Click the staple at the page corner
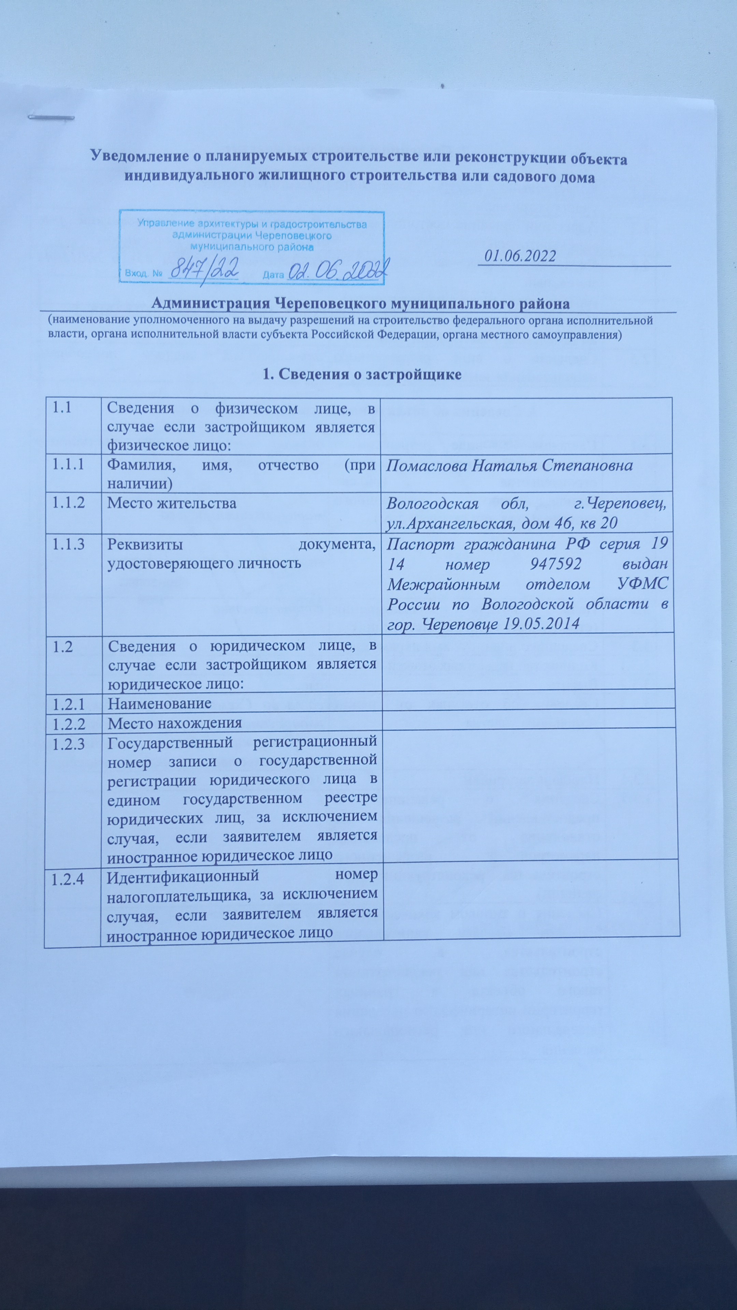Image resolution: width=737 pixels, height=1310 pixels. (51, 118)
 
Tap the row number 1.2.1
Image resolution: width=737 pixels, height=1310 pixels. (68, 703)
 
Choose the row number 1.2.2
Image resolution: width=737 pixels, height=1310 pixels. (68, 722)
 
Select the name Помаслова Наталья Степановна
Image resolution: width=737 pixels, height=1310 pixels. (509, 465)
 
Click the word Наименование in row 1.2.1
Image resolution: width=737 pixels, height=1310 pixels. (159, 703)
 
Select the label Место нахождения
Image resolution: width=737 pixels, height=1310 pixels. (174, 722)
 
